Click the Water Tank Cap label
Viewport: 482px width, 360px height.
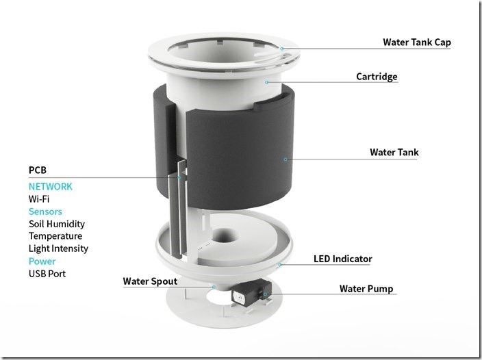coord(417,42)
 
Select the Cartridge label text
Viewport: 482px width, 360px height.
coord(377,77)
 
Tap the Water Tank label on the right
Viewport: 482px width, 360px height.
coord(394,152)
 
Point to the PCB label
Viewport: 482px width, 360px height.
coord(38,170)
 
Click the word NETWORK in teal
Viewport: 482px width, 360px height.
coord(51,186)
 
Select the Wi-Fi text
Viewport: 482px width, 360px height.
coord(39,199)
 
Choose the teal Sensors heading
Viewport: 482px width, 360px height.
coord(45,211)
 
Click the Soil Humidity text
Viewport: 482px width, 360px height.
coord(57,224)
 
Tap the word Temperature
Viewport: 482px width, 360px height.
coord(55,236)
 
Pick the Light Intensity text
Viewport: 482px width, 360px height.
coord(58,248)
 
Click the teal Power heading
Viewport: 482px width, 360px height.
coord(42,261)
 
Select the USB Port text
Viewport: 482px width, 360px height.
coord(47,274)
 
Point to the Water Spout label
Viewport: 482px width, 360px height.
coord(150,281)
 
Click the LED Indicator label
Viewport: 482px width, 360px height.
coord(343,259)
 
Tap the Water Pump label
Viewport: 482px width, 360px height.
coord(366,289)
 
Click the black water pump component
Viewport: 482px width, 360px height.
coord(251,293)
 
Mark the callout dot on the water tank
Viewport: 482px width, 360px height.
coord(286,159)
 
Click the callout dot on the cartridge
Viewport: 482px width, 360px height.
coord(267,82)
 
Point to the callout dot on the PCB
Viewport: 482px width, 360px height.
coord(179,177)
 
